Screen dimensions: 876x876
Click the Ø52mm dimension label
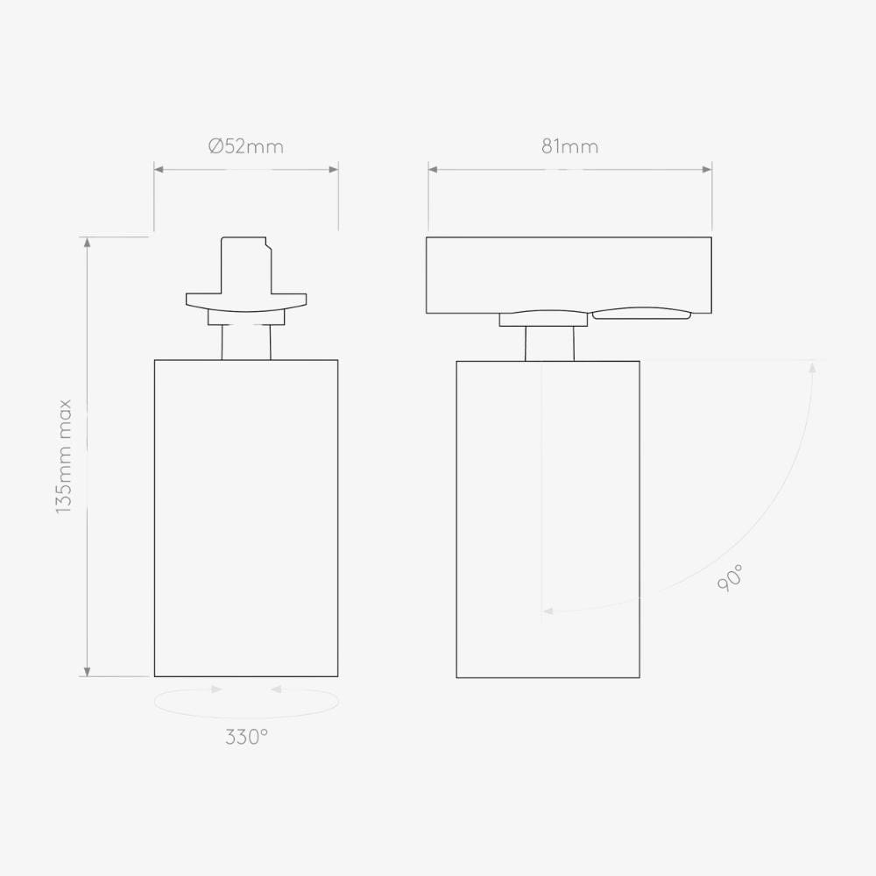(x=246, y=146)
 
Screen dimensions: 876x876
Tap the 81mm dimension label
(x=570, y=146)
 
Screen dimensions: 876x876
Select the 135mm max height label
(x=64, y=456)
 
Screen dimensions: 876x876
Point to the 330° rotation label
(x=246, y=737)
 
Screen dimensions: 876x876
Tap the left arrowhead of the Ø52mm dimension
(x=159, y=169)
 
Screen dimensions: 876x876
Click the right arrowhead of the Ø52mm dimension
(x=334, y=169)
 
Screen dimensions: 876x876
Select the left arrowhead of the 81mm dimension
(x=433, y=169)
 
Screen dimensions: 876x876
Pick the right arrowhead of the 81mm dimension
(x=707, y=169)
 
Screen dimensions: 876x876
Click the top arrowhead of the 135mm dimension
(x=87, y=242)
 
